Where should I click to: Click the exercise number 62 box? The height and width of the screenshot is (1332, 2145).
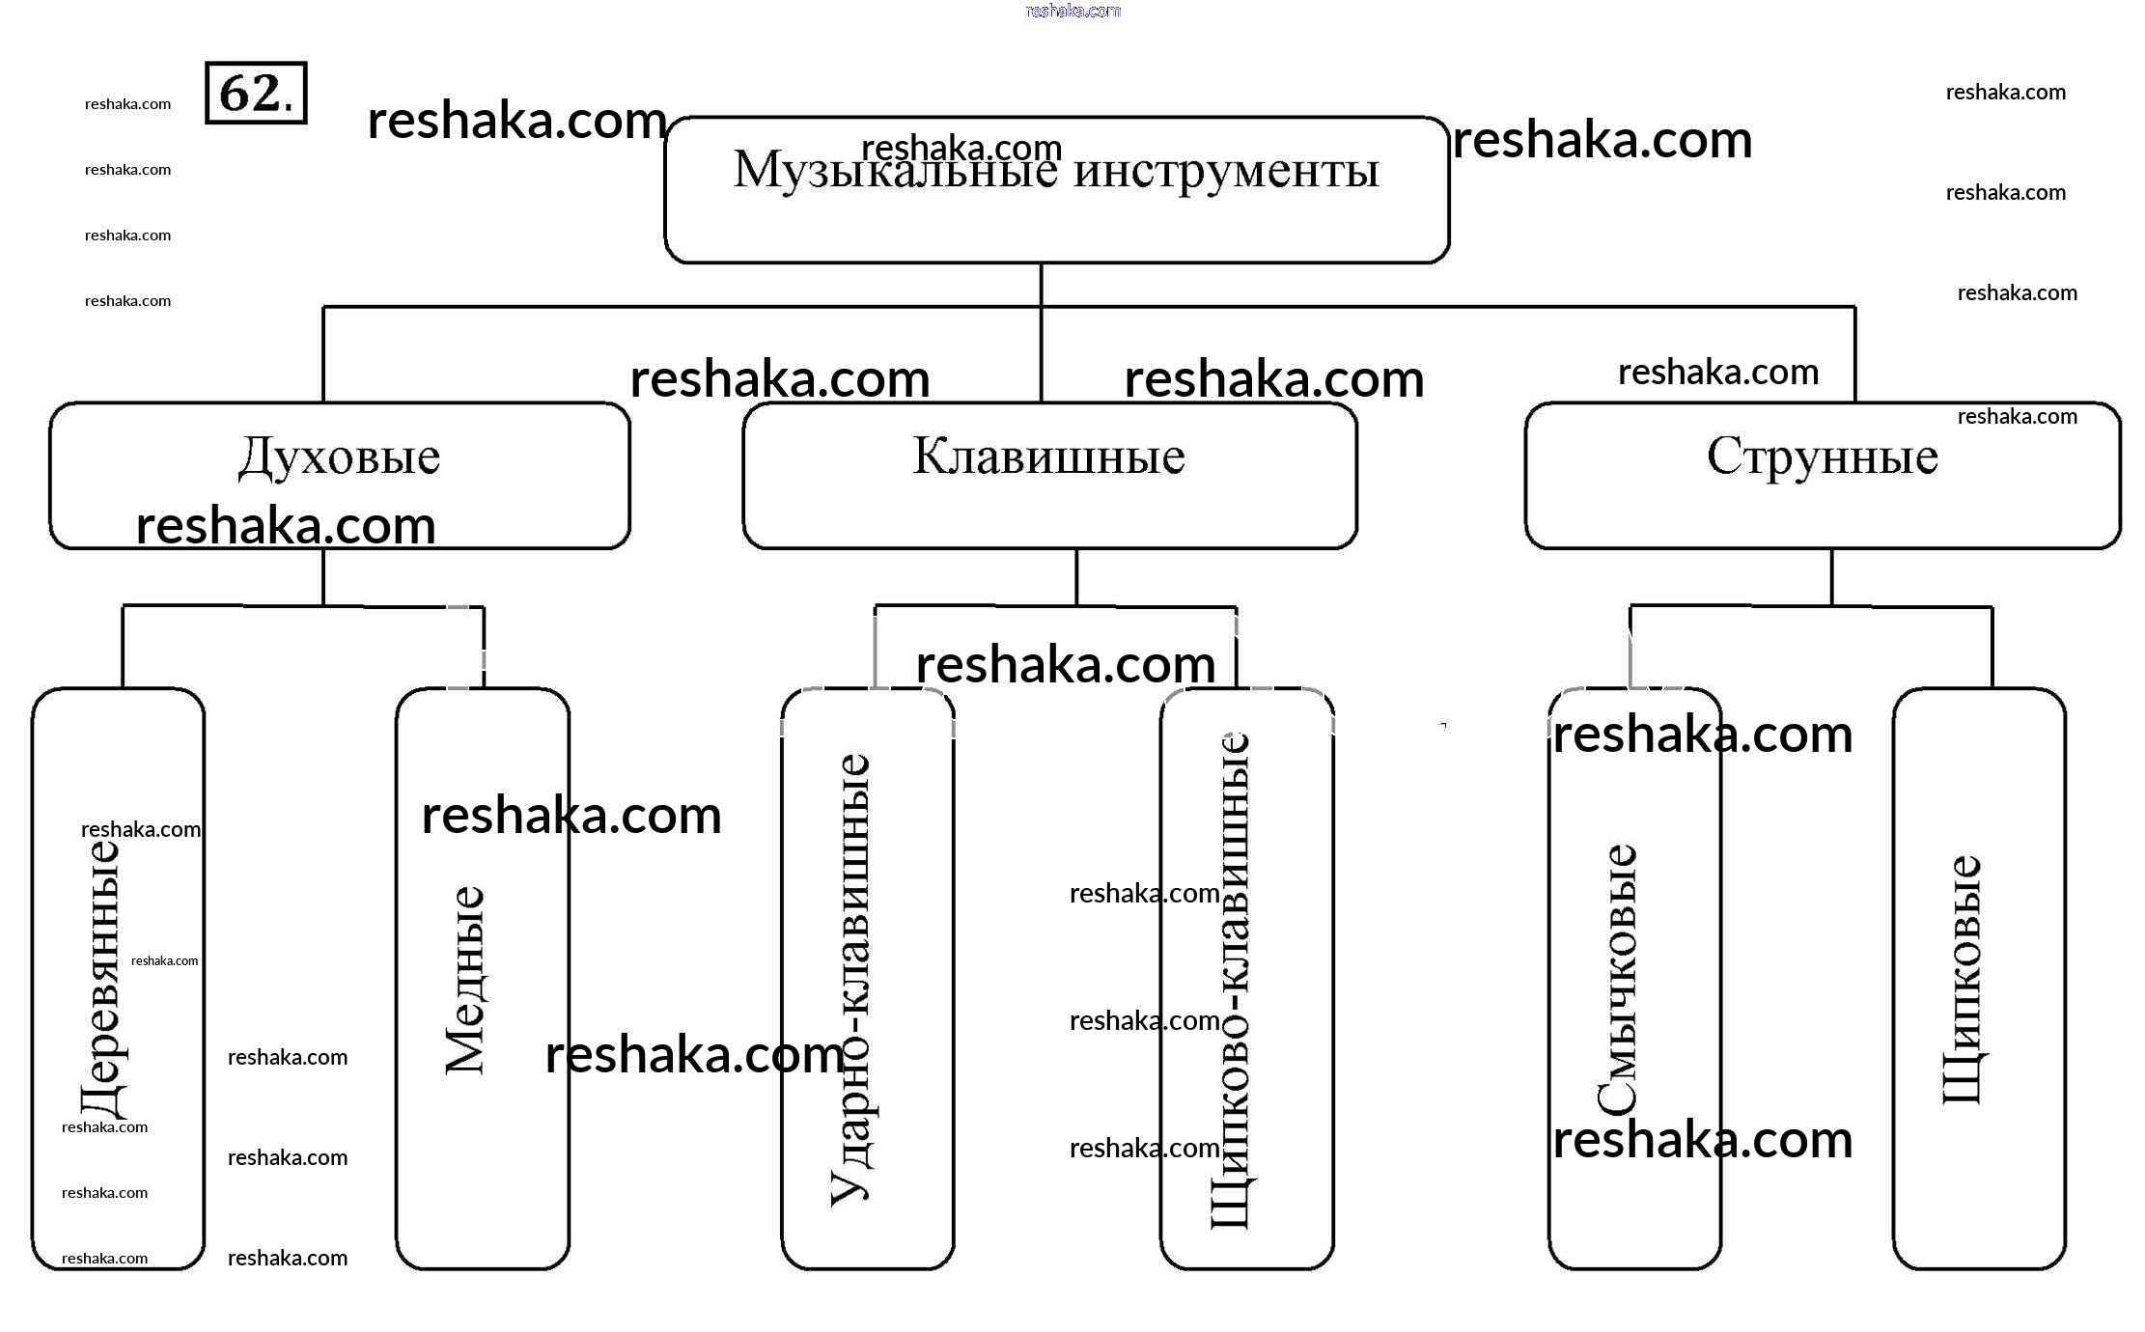tap(256, 93)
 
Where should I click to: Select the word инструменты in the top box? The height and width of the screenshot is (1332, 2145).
tap(1226, 171)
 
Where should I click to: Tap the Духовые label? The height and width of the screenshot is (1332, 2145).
tap(339, 457)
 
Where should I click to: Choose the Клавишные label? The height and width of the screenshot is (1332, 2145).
tap(1048, 457)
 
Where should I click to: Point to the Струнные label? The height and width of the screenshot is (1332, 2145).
tap(1822, 457)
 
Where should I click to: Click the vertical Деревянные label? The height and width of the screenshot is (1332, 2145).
tap(101, 980)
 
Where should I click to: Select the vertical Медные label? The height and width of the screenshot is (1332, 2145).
tap(464, 980)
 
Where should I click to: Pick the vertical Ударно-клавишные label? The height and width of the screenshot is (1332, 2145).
tap(850, 980)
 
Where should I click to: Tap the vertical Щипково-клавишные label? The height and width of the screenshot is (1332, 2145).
tap(1230, 980)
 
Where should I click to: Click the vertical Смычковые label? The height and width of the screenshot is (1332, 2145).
tap(1617, 980)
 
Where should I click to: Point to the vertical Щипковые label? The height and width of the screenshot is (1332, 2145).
tap(1962, 980)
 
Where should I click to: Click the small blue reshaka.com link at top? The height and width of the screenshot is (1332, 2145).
tap(1072, 11)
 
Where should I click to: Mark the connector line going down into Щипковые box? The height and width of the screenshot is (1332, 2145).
tap(1992, 647)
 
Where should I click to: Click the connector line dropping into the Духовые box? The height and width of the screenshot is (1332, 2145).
tap(323, 354)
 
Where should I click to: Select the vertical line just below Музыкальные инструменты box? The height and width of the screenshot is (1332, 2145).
tap(1041, 284)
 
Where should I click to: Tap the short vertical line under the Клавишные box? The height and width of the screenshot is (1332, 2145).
tap(1076, 577)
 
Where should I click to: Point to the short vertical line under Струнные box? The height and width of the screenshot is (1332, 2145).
tap(1831, 577)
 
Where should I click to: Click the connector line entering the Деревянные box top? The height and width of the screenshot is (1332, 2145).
tap(123, 647)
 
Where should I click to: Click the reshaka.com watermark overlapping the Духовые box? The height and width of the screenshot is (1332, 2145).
tap(286, 526)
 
